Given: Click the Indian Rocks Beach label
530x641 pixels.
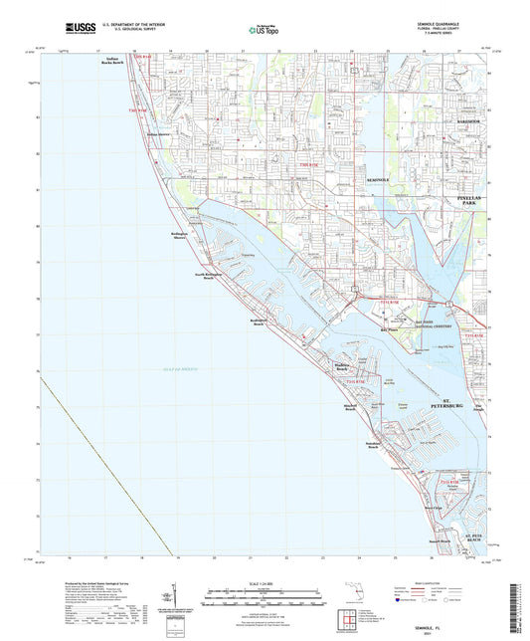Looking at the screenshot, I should point(118,62).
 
